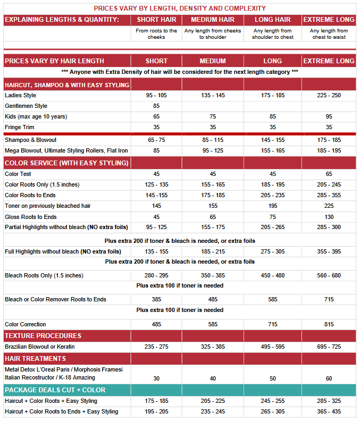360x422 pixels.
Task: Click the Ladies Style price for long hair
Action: click(x=272, y=95)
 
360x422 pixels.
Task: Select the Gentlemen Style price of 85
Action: click(x=156, y=106)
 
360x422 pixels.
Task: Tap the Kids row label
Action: click(x=36, y=116)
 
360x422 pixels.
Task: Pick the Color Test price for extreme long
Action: click(x=329, y=174)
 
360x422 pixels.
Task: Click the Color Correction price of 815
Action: click(x=329, y=324)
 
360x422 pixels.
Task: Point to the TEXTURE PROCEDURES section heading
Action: click(x=43, y=336)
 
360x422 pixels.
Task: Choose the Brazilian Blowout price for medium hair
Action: click(x=213, y=347)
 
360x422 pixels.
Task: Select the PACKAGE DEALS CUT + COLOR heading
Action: click(x=55, y=390)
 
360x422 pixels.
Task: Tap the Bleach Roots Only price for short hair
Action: click(x=156, y=275)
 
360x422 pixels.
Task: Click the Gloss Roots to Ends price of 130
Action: click(x=329, y=217)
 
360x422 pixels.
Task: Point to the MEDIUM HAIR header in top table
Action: click(x=213, y=20)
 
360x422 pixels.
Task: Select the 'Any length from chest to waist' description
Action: click(x=329, y=34)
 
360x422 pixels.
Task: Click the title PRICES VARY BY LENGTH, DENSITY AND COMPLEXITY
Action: click(x=180, y=8)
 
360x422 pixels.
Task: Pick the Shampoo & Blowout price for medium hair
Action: click(x=213, y=140)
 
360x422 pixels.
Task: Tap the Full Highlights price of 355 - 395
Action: click(x=329, y=251)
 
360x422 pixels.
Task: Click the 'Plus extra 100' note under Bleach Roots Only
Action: click(x=180, y=285)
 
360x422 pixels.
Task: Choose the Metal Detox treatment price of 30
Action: click(x=156, y=378)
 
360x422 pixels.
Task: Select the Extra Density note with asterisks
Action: click(x=180, y=72)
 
